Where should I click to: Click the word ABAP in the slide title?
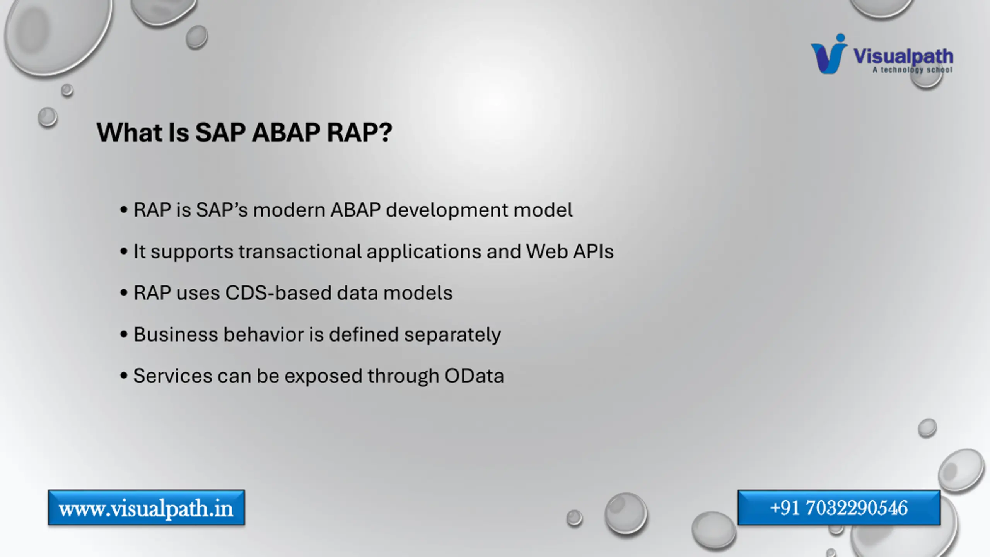pos(286,133)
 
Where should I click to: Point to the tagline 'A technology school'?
pos(912,70)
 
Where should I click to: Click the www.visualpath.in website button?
pos(147,508)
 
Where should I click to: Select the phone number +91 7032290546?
pos(839,508)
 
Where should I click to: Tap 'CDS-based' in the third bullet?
pos(278,293)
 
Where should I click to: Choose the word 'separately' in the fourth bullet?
pos(452,335)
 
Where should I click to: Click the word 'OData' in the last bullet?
pos(474,376)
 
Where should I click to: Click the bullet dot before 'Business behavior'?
pos(124,334)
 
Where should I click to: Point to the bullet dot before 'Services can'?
pos(124,376)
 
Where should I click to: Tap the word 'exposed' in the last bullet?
pos(323,376)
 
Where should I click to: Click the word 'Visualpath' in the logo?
pos(903,56)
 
